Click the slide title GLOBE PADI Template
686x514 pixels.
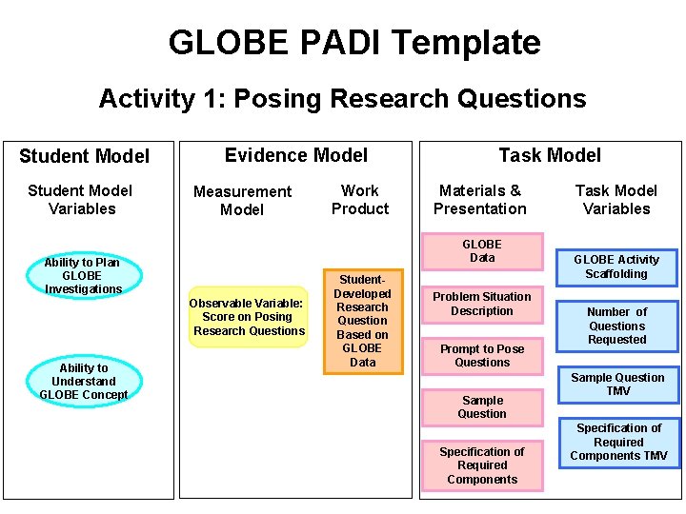pos(353,43)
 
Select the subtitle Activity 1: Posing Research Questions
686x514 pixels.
pos(342,99)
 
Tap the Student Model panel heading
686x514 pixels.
pos(84,156)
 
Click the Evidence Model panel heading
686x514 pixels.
pos(295,155)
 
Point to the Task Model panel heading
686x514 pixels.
pos(550,155)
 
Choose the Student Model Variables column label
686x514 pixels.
pos(81,200)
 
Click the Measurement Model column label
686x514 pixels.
pos(242,201)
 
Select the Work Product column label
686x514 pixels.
pos(360,200)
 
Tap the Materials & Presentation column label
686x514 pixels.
pos(480,200)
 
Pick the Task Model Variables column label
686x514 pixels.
pos(616,200)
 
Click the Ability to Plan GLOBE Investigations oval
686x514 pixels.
pos(84,276)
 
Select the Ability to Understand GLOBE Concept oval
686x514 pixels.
pos(84,381)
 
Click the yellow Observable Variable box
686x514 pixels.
pos(248,317)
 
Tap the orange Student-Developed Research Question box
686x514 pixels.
pos(363,321)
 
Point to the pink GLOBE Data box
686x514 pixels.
pos(482,251)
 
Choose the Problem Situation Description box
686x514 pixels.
pos(482,304)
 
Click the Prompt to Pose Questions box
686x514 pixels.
pos(482,355)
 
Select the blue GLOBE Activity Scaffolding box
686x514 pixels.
pos(616,267)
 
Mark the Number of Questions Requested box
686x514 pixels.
pos(616,326)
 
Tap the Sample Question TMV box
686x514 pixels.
pos(617,385)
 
